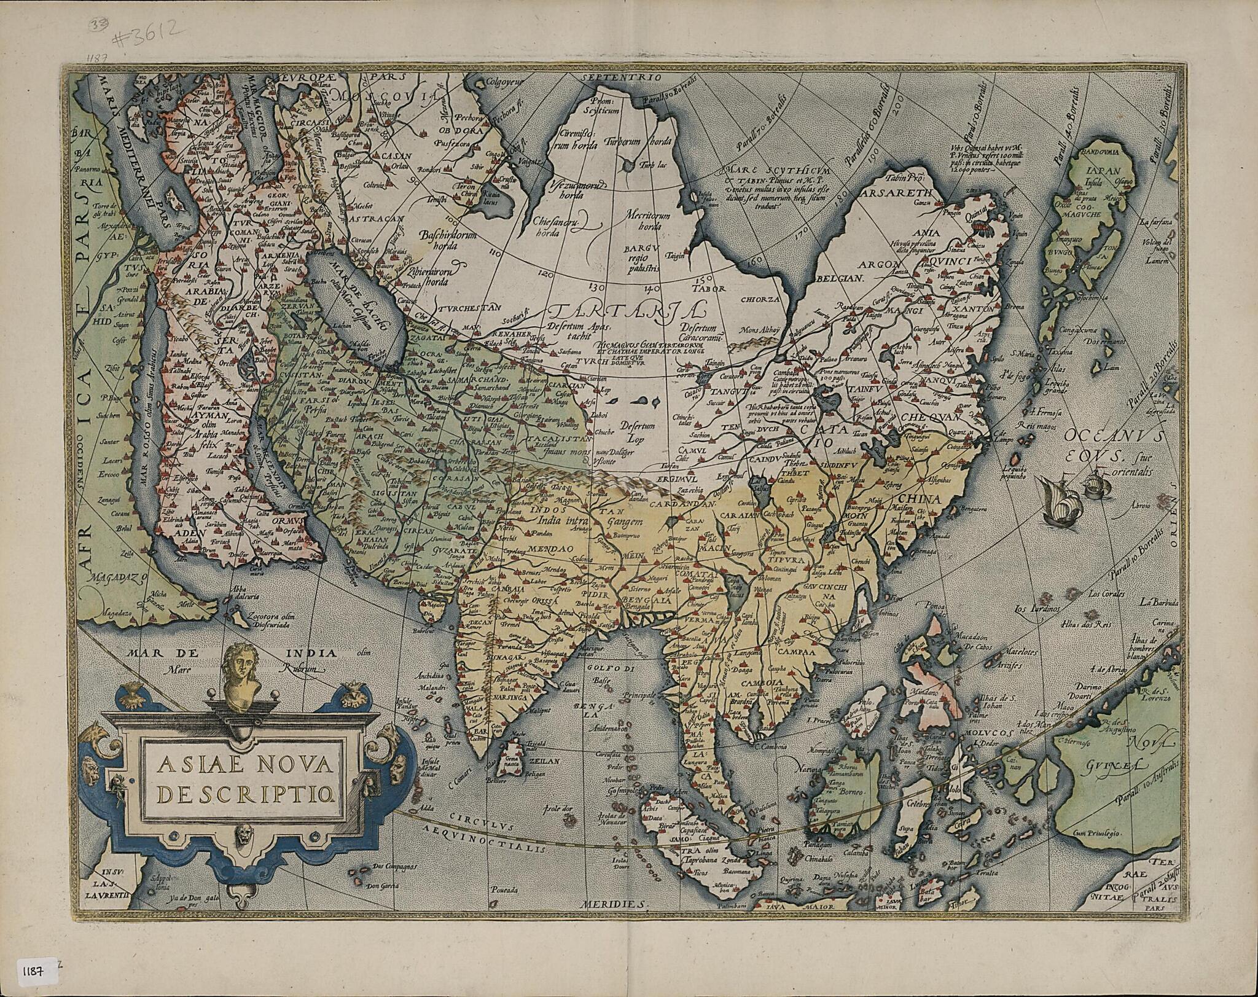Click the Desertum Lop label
[x=637, y=432]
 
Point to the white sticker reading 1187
[x=35, y=969]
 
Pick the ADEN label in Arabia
[x=189, y=533]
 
